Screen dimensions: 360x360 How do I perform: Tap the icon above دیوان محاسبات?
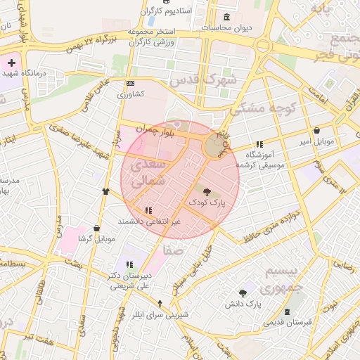pos(227,17)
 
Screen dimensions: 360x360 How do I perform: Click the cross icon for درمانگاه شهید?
pos(11,63)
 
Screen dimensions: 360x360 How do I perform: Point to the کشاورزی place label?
pos(130,94)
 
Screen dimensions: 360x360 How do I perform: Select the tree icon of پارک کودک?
pos(207,191)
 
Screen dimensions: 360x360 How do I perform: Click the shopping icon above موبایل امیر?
pos(317,130)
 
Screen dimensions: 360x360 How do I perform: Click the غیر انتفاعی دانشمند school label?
pos(149,221)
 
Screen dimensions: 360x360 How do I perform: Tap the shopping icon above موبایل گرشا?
pos(96,229)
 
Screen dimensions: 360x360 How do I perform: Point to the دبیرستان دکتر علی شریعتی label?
pos(130,281)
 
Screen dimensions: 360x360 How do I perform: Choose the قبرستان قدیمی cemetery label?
pos(287,322)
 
